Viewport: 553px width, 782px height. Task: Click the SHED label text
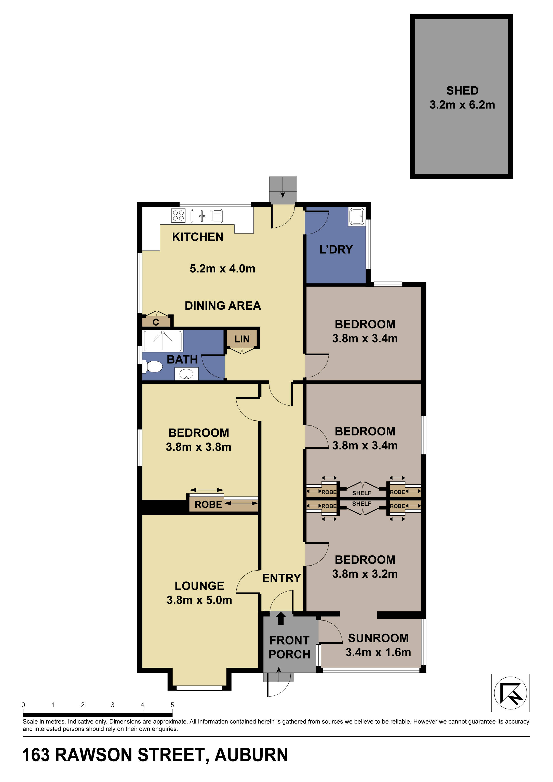pyautogui.click(x=462, y=91)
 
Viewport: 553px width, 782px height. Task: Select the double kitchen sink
pyautogui.click(x=207, y=216)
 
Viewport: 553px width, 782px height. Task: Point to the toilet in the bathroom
pyautogui.click(x=153, y=367)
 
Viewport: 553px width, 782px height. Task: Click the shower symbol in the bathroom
pyautogui.click(x=163, y=341)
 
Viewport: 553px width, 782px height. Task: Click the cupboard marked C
pyautogui.click(x=156, y=322)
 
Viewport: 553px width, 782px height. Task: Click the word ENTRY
pyautogui.click(x=281, y=578)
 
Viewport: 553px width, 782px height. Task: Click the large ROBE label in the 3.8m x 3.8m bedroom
pyautogui.click(x=208, y=504)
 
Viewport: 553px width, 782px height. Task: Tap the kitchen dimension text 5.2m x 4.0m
pyautogui.click(x=222, y=268)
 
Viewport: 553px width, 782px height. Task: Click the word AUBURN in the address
pyautogui.click(x=251, y=755)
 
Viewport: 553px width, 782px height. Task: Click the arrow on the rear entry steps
pyautogui.click(x=282, y=194)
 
